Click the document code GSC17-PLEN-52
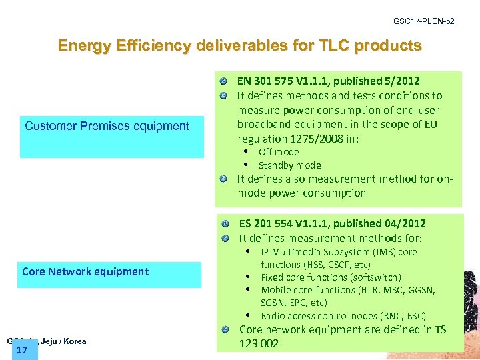[423, 22]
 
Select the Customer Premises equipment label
[107, 126]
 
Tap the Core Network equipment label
[85, 271]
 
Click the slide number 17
[21, 349]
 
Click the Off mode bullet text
[279, 152]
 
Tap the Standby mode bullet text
[289, 165]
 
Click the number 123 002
[259, 344]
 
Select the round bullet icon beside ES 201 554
[227, 224]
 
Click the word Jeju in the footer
[48, 341]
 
